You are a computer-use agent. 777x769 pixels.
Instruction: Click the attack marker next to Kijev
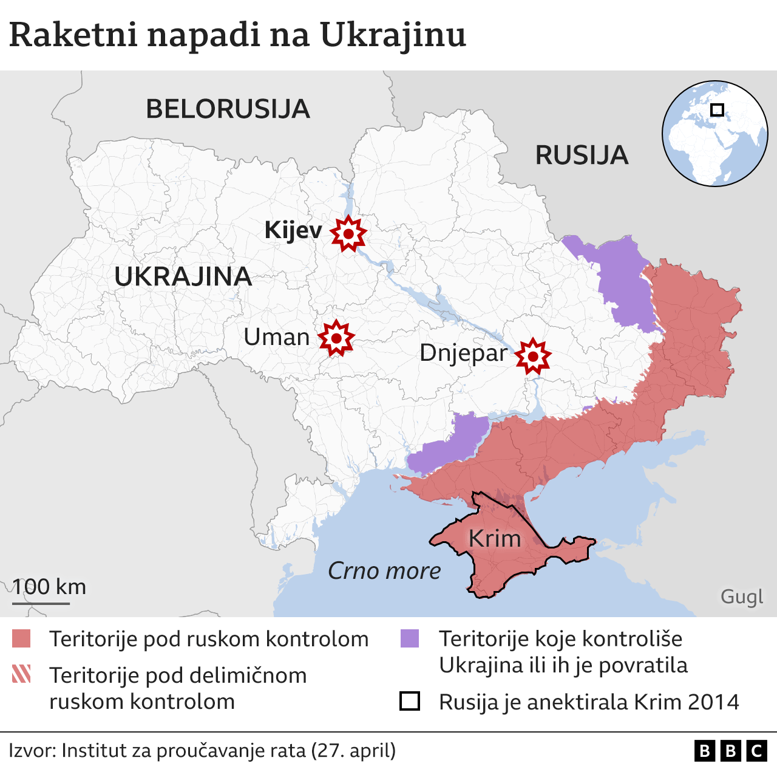pyautogui.click(x=348, y=233)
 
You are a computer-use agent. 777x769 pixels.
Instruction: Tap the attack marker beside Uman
pyautogui.click(x=336, y=338)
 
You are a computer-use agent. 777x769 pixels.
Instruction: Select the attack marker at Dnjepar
pyautogui.click(x=533, y=356)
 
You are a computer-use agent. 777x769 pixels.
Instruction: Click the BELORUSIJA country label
pyautogui.click(x=228, y=109)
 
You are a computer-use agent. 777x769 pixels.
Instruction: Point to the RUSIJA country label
pyautogui.click(x=581, y=156)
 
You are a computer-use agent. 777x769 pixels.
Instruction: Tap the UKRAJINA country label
pyautogui.click(x=183, y=277)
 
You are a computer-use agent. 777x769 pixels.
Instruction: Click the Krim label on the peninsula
pyautogui.click(x=495, y=539)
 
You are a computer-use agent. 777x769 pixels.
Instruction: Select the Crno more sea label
pyautogui.click(x=384, y=571)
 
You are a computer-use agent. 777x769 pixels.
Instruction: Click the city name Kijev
pyautogui.click(x=293, y=231)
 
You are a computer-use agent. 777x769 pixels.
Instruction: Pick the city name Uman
pyautogui.click(x=276, y=337)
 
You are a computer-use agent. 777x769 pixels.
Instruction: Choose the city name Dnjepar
pyautogui.click(x=463, y=353)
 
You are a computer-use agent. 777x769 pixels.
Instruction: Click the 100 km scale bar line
pyautogui.click(x=41, y=603)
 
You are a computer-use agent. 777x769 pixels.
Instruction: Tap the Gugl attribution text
pyautogui.click(x=741, y=596)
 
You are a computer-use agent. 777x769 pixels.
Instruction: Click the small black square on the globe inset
pyautogui.click(x=717, y=110)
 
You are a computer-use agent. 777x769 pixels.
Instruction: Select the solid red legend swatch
pyautogui.click(x=21, y=639)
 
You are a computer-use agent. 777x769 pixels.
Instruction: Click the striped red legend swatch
pyautogui.click(x=21, y=674)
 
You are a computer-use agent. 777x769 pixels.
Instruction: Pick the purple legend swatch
pyautogui.click(x=410, y=638)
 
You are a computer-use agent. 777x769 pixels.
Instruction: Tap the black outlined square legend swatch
pyautogui.click(x=410, y=701)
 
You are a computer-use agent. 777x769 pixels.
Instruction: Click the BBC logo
pyautogui.click(x=730, y=751)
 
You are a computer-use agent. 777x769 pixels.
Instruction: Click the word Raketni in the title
pyautogui.click(x=73, y=35)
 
